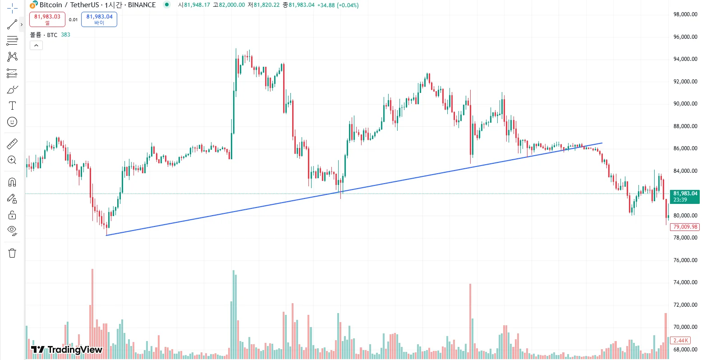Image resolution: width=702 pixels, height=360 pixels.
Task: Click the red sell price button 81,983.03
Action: pyautogui.click(x=47, y=19)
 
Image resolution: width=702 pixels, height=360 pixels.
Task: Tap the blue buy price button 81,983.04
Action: pyautogui.click(x=99, y=19)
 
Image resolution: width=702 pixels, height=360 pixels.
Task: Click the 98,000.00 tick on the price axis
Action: pyautogui.click(x=685, y=14)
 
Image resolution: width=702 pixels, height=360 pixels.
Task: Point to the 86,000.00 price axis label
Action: pyautogui.click(x=685, y=148)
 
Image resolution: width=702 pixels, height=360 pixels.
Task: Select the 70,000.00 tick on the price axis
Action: pyautogui.click(x=685, y=327)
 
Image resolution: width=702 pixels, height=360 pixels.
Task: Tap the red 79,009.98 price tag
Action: pyautogui.click(x=685, y=227)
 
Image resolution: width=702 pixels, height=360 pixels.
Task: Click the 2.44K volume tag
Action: pyautogui.click(x=680, y=341)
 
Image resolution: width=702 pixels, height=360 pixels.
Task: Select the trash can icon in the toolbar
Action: pyautogui.click(x=12, y=253)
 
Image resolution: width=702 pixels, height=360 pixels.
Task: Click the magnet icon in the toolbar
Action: pyautogui.click(x=12, y=182)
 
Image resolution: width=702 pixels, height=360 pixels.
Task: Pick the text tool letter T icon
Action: pyautogui.click(x=12, y=106)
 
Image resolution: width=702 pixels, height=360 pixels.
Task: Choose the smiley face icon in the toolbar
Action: pyautogui.click(x=12, y=122)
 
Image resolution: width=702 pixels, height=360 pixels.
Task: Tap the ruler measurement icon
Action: pyautogui.click(x=12, y=144)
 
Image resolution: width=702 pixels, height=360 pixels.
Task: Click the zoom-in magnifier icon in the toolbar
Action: pyautogui.click(x=12, y=160)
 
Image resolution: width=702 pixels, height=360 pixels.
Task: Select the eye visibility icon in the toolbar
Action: pyautogui.click(x=12, y=231)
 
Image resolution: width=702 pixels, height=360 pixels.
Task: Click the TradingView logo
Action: pyautogui.click(x=67, y=350)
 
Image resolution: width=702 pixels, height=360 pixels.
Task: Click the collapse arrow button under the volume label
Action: pyautogui.click(x=36, y=45)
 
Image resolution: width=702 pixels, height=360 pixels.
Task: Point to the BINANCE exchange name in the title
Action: pyautogui.click(x=142, y=5)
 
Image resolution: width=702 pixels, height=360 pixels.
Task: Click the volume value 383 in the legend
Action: pyautogui.click(x=65, y=35)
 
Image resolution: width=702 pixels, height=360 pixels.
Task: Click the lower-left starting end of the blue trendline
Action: pyautogui.click(x=106, y=235)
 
